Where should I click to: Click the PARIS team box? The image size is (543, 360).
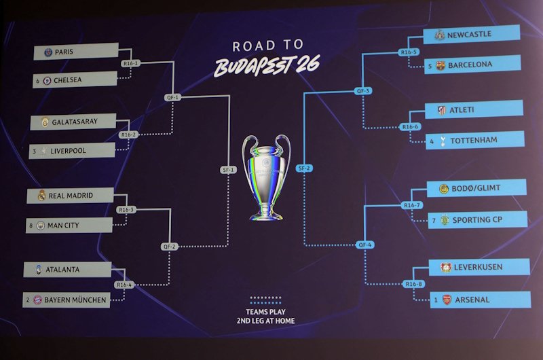click(x=76, y=51)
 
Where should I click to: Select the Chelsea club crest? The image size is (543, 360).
click(x=47, y=81)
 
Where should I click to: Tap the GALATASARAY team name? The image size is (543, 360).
click(x=75, y=122)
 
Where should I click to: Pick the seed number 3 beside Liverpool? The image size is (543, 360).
click(x=35, y=151)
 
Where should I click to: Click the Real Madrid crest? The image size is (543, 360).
click(x=42, y=196)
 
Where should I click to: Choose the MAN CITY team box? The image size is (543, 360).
click(x=69, y=226)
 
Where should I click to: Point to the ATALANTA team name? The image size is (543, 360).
click(x=62, y=269)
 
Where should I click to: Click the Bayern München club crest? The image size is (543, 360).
click(x=37, y=300)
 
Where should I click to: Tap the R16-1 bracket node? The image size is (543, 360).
click(x=130, y=63)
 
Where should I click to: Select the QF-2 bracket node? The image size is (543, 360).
click(x=169, y=247)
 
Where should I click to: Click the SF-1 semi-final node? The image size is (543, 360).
click(x=229, y=169)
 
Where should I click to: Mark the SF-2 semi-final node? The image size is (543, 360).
click(x=304, y=168)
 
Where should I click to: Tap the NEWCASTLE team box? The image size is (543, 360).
click(x=472, y=35)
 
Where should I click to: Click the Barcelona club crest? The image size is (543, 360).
click(x=441, y=65)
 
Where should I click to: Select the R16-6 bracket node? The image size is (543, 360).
click(x=411, y=127)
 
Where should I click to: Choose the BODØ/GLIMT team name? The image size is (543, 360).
click(x=476, y=188)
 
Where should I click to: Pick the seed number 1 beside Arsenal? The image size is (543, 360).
click(x=436, y=300)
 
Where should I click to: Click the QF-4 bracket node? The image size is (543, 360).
click(x=365, y=245)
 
